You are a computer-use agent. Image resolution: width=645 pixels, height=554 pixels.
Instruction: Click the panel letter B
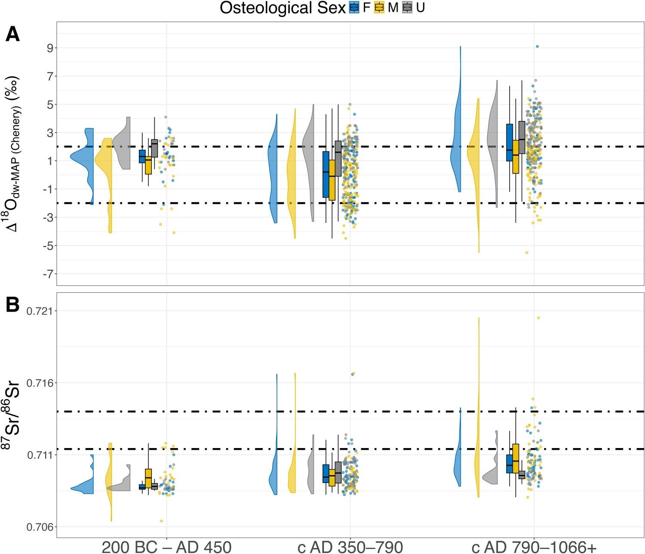(13, 305)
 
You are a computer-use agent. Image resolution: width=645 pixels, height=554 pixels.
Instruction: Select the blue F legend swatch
(354, 7)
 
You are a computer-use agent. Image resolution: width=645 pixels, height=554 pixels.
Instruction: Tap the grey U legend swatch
(407, 7)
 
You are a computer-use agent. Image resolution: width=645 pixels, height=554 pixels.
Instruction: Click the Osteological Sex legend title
(283, 8)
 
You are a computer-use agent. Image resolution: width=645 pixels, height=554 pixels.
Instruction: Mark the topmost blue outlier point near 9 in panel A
(537, 46)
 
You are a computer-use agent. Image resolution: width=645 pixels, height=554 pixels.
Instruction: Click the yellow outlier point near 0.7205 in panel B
(538, 318)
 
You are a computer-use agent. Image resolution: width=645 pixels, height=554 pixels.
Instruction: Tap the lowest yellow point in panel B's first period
(162, 521)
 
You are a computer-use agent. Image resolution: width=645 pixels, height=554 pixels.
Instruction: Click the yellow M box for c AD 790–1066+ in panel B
(516, 458)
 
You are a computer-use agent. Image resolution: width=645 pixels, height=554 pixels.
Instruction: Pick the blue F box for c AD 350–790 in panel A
(326, 174)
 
